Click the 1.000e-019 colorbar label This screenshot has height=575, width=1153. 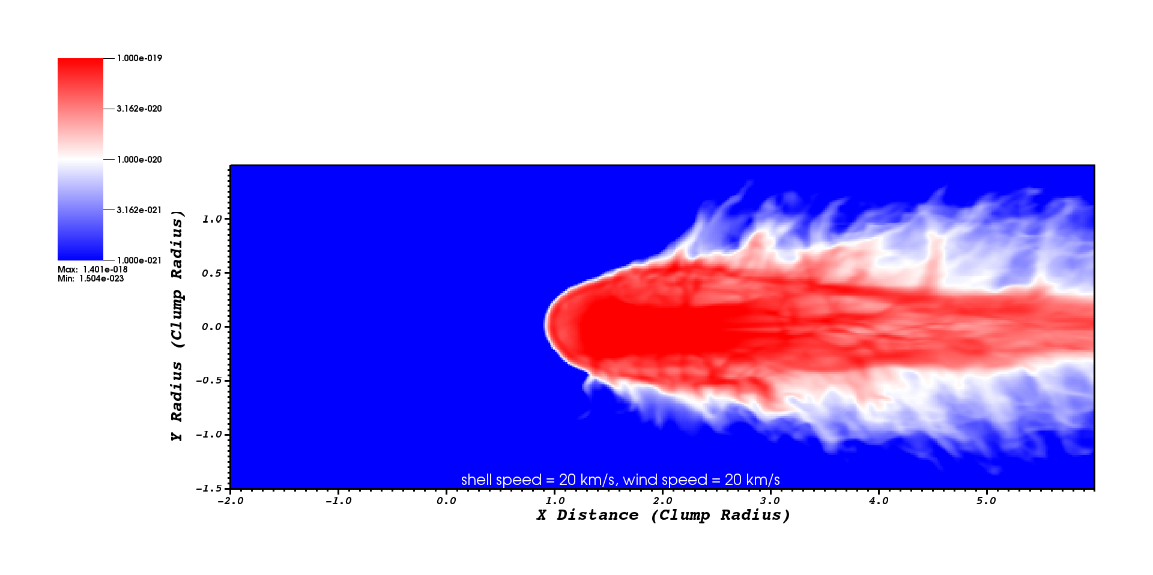click(x=139, y=58)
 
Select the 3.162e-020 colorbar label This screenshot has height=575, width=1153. click(x=139, y=109)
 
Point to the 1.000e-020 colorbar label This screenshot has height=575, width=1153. click(x=139, y=160)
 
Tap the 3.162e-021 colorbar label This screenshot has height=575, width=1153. click(x=139, y=210)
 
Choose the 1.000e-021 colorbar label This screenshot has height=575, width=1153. click(x=139, y=260)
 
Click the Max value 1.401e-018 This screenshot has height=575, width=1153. click(x=105, y=269)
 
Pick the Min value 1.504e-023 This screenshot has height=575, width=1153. click(x=101, y=278)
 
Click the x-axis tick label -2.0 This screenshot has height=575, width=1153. click(x=230, y=501)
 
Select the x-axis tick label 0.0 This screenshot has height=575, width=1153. click(x=446, y=501)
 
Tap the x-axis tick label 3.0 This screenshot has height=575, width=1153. click(x=770, y=501)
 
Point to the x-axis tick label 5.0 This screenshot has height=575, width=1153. click(x=987, y=501)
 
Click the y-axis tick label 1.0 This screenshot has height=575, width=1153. click(x=212, y=219)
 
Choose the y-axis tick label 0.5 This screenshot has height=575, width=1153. click(x=212, y=273)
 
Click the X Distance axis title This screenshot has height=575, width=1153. click(x=663, y=516)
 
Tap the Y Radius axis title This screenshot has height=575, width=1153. click(x=177, y=326)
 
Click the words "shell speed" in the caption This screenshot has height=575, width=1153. click(x=501, y=480)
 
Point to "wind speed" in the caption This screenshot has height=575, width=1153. click(x=665, y=480)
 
